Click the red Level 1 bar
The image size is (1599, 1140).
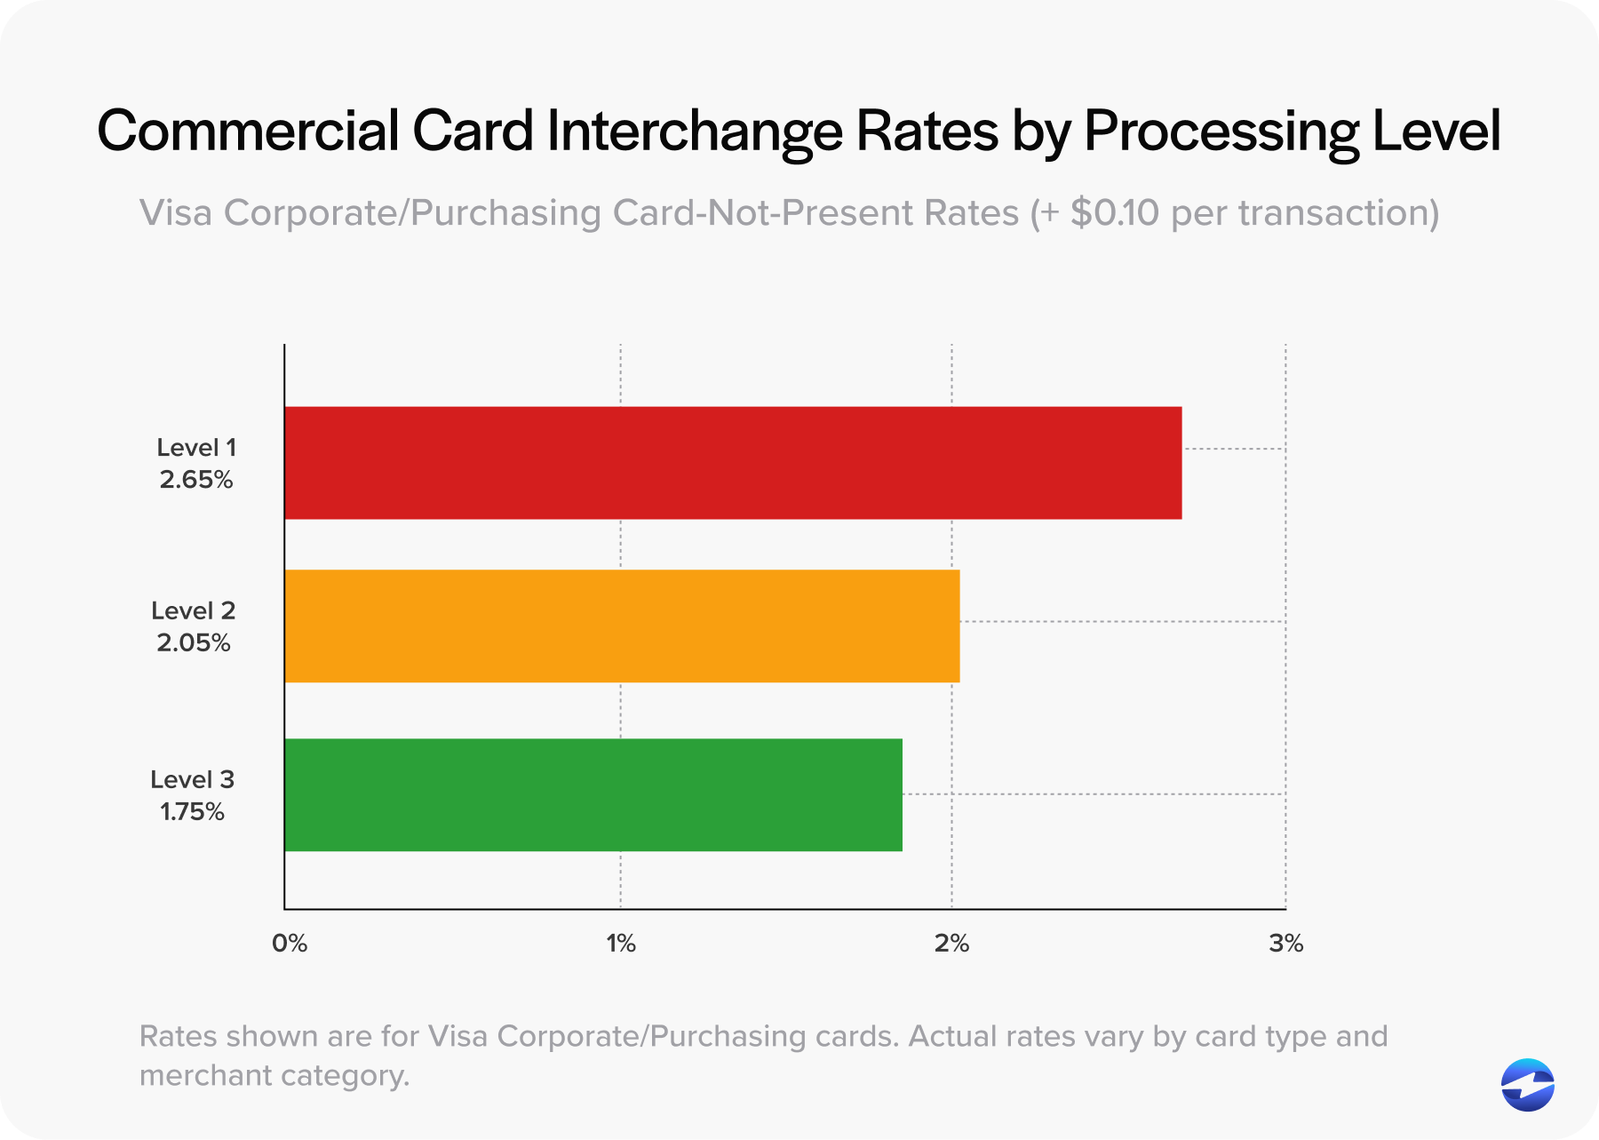[x=733, y=463]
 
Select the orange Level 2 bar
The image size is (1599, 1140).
[x=622, y=626]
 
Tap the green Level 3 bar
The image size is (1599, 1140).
[x=593, y=794]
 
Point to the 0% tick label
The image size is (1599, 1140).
[x=290, y=944]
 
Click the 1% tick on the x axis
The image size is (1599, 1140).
[x=621, y=944]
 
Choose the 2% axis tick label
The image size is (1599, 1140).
[x=951, y=944]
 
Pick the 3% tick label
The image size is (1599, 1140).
[x=1285, y=944]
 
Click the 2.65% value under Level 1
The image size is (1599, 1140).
[x=196, y=480]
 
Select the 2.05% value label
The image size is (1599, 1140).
[x=194, y=642]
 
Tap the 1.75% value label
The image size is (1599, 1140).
[x=192, y=811]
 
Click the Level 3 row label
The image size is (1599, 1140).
[x=192, y=779]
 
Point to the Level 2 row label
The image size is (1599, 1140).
[x=193, y=610]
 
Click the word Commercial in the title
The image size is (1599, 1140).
[x=248, y=131]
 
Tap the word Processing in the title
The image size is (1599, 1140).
[x=1221, y=132]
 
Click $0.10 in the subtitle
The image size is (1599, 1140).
[x=1114, y=213]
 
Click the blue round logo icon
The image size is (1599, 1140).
[x=1527, y=1085]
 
